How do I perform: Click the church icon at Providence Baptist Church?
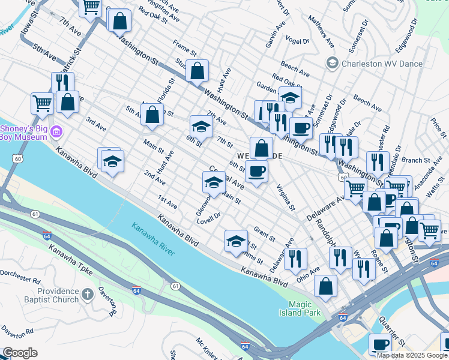pos(88,294)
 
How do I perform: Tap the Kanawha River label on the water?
pos(153,239)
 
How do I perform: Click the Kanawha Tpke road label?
pos(71,262)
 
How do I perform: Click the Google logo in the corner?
pos(20,353)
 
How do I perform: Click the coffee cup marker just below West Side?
pos(256,171)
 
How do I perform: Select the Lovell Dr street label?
pos(209,217)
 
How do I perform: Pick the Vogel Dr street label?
pos(297,41)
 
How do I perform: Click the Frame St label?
pos(184,48)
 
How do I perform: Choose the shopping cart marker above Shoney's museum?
pos(41,103)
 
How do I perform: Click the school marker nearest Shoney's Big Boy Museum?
pos(112,161)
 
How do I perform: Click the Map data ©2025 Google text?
pos(411,355)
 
